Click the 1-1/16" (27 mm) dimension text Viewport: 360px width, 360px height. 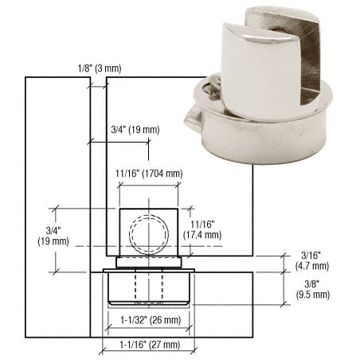tap(148, 345)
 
